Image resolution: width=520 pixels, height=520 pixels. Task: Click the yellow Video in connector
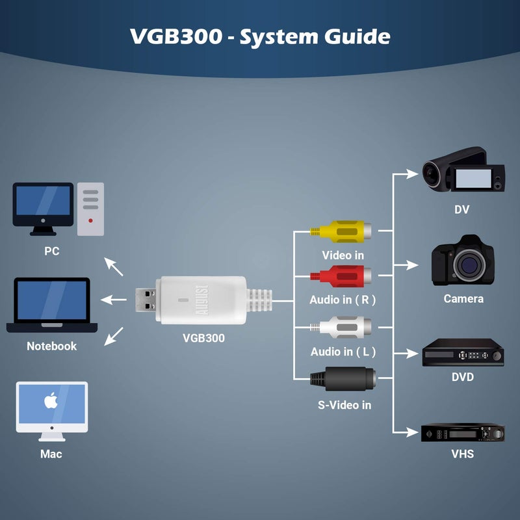(x=343, y=231)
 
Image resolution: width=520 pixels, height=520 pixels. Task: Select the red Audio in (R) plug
(x=343, y=276)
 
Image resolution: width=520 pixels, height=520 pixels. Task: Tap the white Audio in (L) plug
(x=343, y=325)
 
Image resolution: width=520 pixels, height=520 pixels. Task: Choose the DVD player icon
(x=463, y=354)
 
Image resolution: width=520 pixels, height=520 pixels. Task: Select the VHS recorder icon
(x=463, y=433)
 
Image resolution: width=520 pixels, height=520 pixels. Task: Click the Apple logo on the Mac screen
(x=51, y=402)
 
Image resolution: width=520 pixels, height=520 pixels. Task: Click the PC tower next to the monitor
(x=90, y=208)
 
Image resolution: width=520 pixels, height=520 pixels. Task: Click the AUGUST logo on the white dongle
(x=199, y=300)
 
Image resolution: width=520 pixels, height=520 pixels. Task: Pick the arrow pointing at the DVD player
(x=408, y=354)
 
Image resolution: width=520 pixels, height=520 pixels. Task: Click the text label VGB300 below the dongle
(x=203, y=338)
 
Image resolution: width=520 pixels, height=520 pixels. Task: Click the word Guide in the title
(x=356, y=36)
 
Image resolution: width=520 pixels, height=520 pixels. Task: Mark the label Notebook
(x=51, y=346)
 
